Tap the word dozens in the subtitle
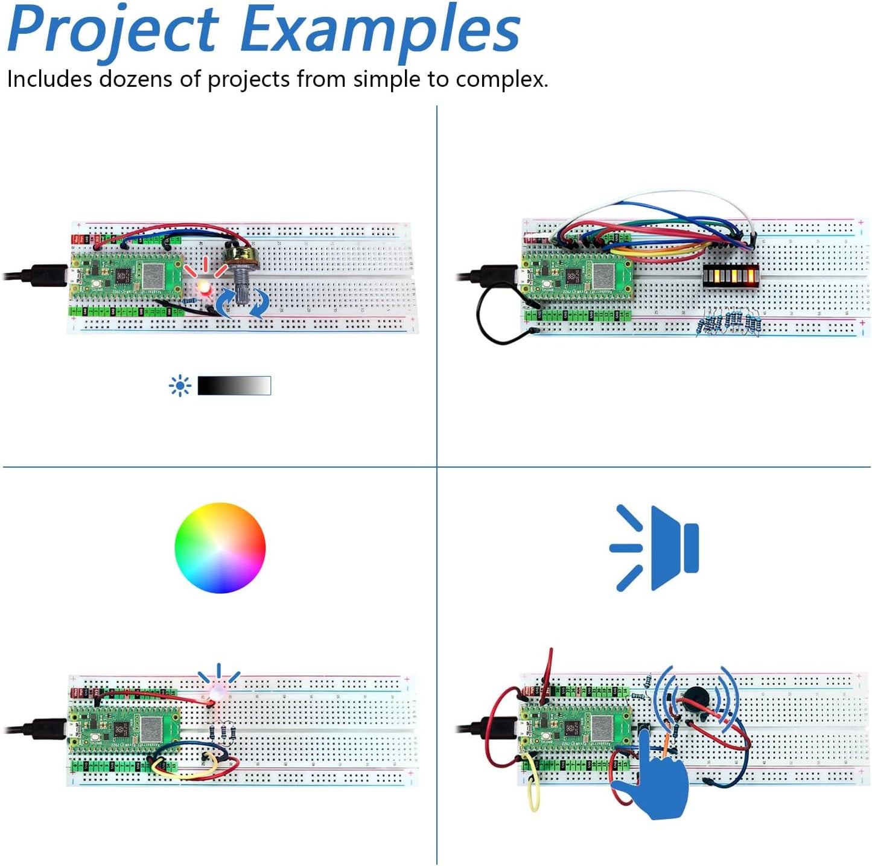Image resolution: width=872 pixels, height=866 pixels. (x=135, y=79)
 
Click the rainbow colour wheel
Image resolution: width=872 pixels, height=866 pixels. (x=220, y=547)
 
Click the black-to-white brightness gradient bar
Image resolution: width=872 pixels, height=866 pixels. (x=234, y=386)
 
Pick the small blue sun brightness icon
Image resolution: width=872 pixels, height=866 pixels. (x=180, y=386)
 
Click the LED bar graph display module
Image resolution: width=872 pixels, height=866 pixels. (x=731, y=276)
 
